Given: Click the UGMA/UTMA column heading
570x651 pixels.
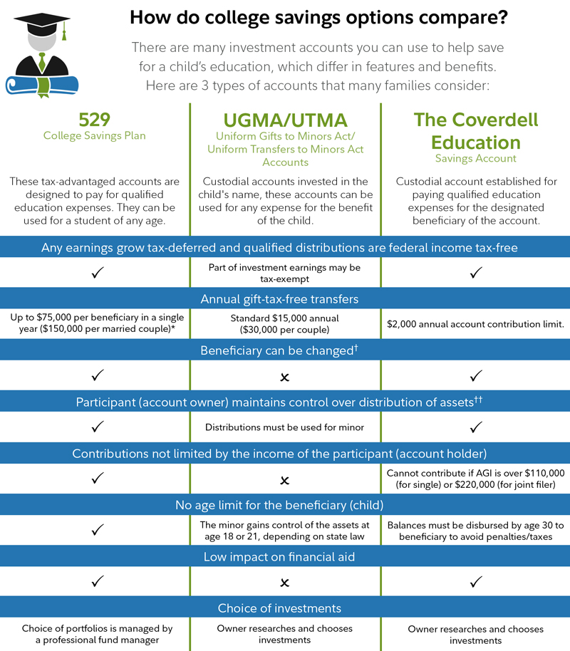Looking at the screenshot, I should [285, 120].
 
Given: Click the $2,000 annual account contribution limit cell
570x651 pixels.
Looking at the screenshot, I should [476, 324].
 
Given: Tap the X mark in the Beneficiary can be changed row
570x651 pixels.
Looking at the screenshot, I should [285, 376].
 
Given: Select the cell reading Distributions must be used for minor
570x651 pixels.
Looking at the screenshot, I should [285, 427].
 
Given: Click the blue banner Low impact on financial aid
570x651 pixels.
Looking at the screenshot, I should [285, 556].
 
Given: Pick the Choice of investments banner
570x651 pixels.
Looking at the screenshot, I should [285, 608].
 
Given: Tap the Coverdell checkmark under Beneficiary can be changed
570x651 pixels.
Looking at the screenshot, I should [476, 375].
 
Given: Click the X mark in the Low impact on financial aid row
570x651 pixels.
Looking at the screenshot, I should [285, 583].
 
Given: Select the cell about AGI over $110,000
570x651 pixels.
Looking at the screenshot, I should [476, 479].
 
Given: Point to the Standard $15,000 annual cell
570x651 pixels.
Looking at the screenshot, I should [285, 324].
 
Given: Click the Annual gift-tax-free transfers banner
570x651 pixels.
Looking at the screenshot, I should [285, 298].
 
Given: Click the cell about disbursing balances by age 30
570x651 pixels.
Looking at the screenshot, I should [476, 531].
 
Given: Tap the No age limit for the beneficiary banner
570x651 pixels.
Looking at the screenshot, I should [285, 505].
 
